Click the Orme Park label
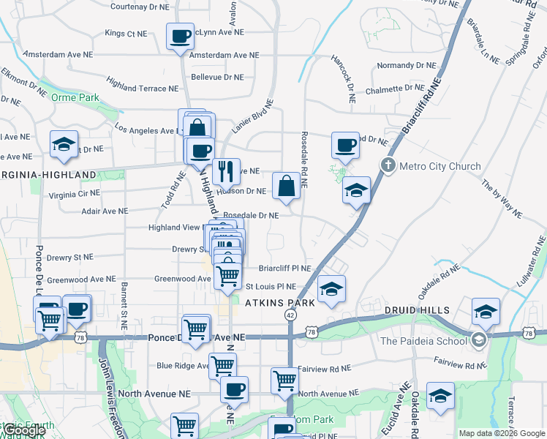[x=80, y=97]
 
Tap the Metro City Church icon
[x=388, y=165]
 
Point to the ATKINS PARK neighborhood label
[x=279, y=302]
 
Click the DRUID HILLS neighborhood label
[x=418, y=310]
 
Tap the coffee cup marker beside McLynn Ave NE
[x=181, y=35]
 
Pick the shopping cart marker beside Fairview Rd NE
[x=285, y=379]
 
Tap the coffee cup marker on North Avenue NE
[x=234, y=389]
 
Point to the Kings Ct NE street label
[x=126, y=34]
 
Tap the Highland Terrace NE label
[x=142, y=89]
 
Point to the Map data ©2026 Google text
[x=502, y=433]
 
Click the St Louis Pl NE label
[x=271, y=287]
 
